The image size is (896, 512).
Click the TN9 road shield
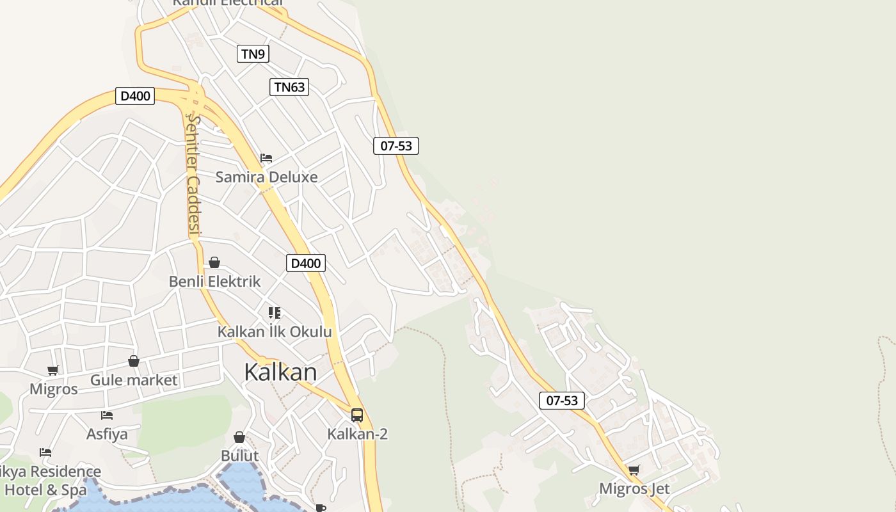(x=253, y=54)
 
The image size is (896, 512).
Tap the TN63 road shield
(x=289, y=87)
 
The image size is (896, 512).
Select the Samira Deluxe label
(x=266, y=177)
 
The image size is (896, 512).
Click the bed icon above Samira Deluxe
(x=266, y=158)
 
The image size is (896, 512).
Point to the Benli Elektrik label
(x=214, y=281)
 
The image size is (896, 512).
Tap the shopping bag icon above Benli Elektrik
(x=214, y=262)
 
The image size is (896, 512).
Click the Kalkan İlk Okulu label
(x=275, y=332)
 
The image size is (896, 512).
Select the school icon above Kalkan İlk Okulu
(x=275, y=313)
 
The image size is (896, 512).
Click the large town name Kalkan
(x=280, y=372)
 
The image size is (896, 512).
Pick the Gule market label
(x=134, y=380)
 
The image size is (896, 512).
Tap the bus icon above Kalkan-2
(x=357, y=415)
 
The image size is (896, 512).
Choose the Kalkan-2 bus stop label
(x=357, y=434)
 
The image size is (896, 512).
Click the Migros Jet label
(x=634, y=489)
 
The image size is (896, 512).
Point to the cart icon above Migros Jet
(x=634, y=470)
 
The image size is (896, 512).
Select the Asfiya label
(x=107, y=434)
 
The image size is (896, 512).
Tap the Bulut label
(x=239, y=456)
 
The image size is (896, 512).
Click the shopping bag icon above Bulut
(x=239, y=437)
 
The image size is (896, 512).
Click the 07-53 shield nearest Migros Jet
(x=562, y=401)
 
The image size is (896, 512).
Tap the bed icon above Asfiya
(x=107, y=415)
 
